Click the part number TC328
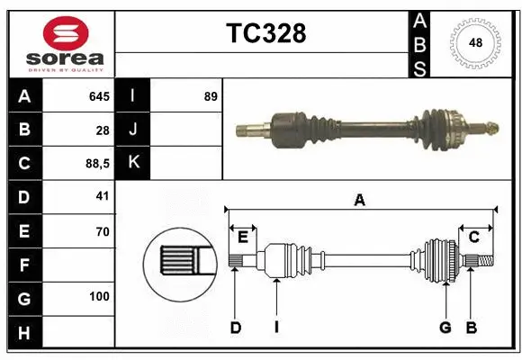pos(265,33)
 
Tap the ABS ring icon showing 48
pos(473,42)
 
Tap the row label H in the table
pos(24,333)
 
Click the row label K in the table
pos(133,164)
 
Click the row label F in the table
pos(24,265)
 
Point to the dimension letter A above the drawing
pos(359,201)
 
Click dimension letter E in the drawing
pos(243,237)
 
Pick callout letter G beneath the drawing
pos(445,328)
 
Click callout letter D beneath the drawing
pos(235,328)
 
